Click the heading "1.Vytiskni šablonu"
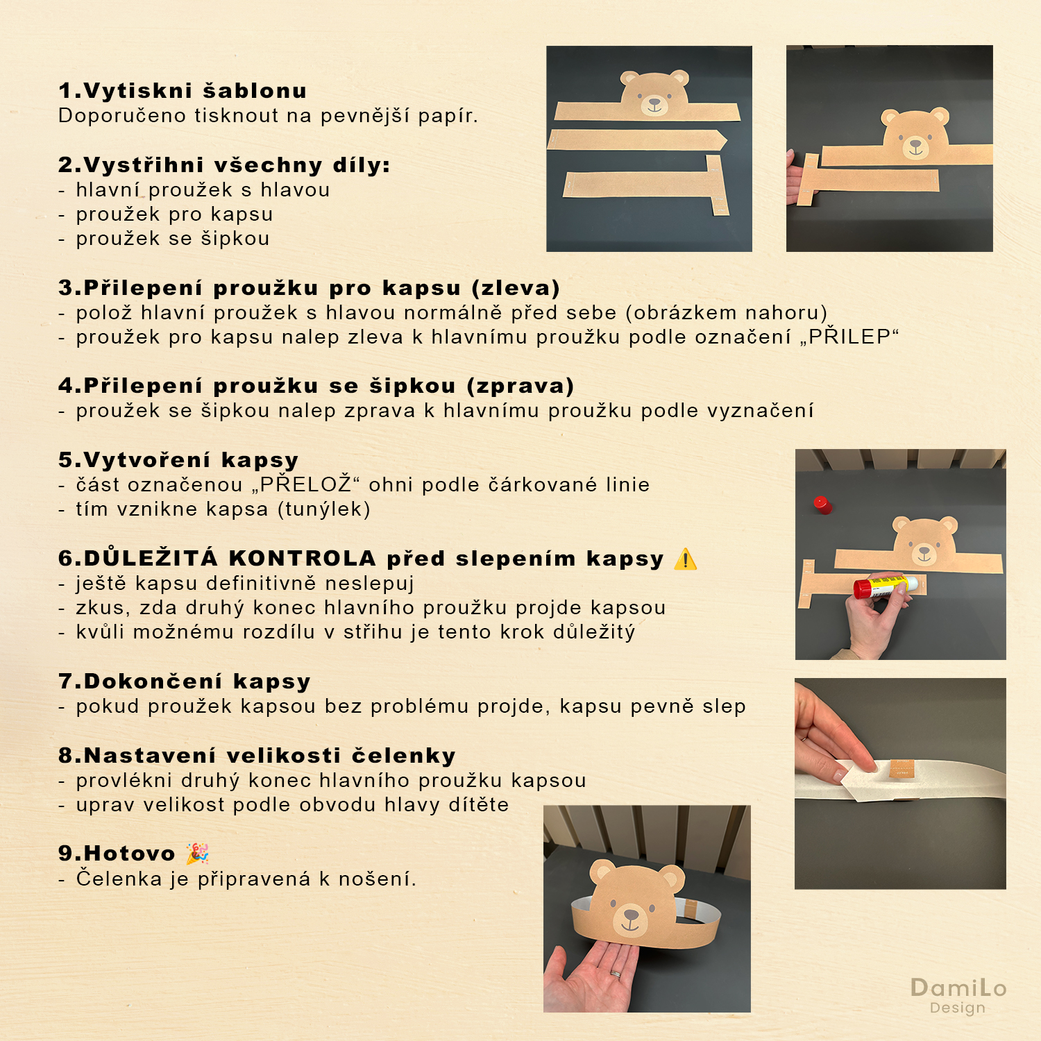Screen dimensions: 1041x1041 pos(183,91)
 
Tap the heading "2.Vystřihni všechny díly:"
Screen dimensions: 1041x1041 pos(224,165)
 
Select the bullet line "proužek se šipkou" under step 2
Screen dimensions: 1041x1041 pos(173,239)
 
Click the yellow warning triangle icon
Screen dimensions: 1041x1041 pos(685,559)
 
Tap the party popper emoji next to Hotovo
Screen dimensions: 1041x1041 pos(197,853)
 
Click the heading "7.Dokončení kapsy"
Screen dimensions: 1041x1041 pos(185,682)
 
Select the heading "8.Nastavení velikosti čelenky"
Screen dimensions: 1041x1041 pos(257,755)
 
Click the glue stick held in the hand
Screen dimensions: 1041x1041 pos(886,586)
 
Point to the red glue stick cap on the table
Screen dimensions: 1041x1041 pos(822,505)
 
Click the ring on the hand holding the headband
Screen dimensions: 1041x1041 pos(616,974)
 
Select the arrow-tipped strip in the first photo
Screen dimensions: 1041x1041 pos(637,139)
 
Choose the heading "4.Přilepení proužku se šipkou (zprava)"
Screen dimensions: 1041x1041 pos(316,386)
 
